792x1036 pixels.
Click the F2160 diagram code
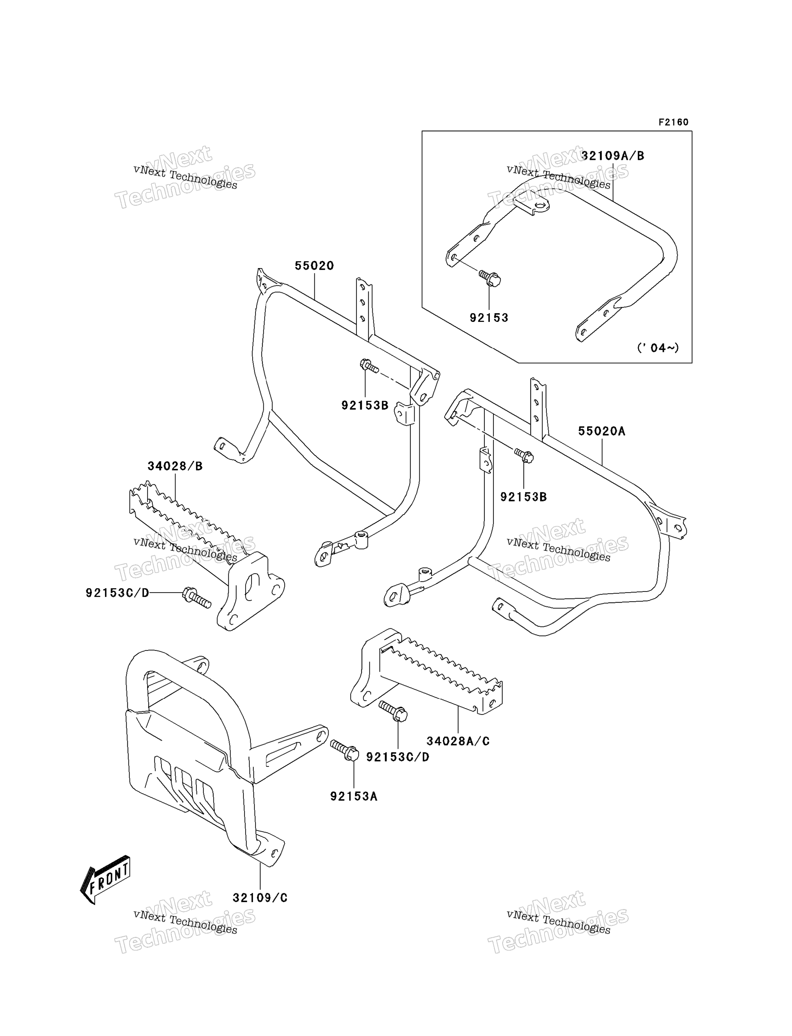pyautogui.click(x=674, y=122)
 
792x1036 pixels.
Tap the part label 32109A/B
pyautogui.click(x=613, y=156)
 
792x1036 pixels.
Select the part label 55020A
pyautogui.click(x=602, y=431)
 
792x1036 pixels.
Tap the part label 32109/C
pyautogui.click(x=260, y=898)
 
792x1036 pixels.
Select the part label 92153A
pyautogui.click(x=353, y=796)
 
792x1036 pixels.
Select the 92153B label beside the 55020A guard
pyautogui.click(x=523, y=497)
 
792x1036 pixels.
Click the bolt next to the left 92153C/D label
pyautogui.click(x=196, y=597)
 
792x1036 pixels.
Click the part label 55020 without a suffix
pyautogui.click(x=314, y=266)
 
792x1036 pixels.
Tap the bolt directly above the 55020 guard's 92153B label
pyautogui.click(x=369, y=366)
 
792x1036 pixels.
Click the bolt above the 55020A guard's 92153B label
pyautogui.click(x=524, y=455)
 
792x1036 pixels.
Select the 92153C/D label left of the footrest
pyautogui.click(x=117, y=593)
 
